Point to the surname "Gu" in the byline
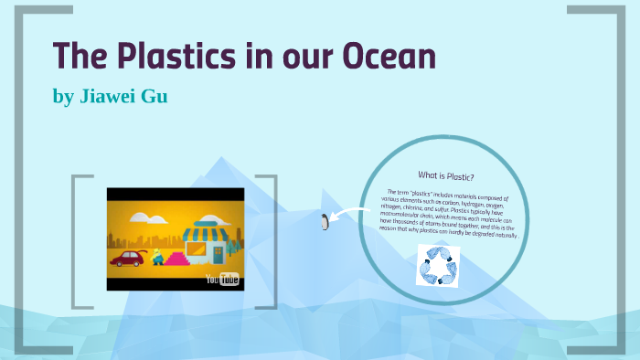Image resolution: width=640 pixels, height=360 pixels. pos(153,95)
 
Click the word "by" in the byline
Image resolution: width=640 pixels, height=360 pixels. pos(63,95)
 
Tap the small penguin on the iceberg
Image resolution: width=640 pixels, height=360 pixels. pos(325,222)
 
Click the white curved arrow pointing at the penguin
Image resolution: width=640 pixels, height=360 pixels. pos(347,215)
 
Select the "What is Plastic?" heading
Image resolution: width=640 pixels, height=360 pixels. pos(446,175)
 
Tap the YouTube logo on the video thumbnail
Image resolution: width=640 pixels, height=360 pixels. pos(222,279)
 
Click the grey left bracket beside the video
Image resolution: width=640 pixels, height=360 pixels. pos(81,241)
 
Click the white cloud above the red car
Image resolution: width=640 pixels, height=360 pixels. pos(140,217)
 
